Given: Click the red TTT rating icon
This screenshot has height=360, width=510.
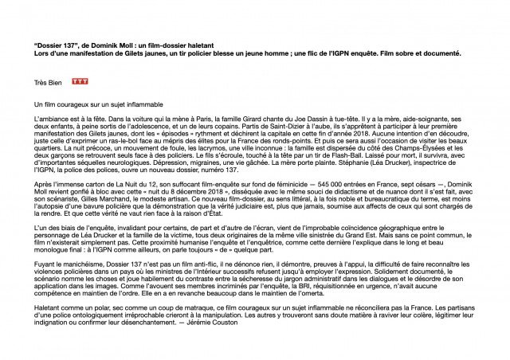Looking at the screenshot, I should [x=79, y=81].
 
